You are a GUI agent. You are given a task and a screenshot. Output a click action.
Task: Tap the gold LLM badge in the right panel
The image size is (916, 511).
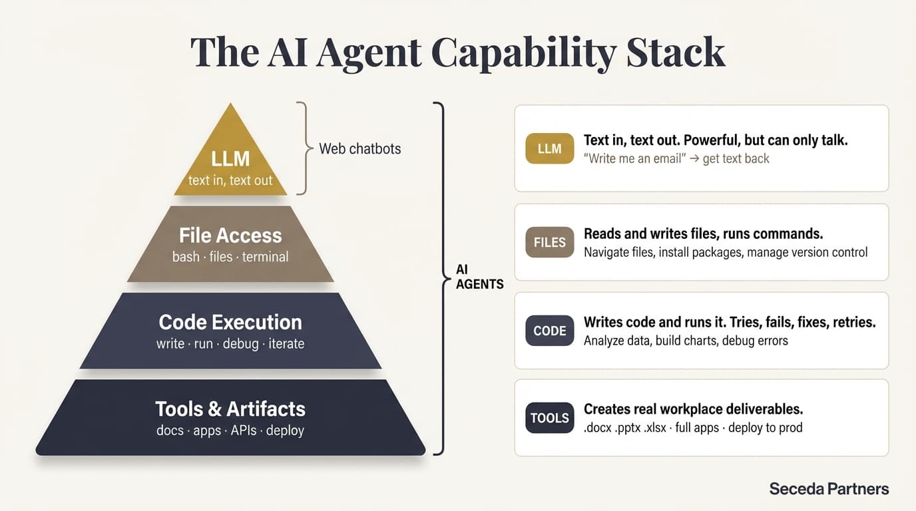click(x=549, y=148)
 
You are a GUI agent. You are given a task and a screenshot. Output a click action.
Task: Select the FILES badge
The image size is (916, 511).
click(x=549, y=242)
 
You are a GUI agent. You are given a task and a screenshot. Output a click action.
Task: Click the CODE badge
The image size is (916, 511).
click(x=549, y=331)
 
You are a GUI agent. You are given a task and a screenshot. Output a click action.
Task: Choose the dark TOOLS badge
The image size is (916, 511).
click(x=549, y=418)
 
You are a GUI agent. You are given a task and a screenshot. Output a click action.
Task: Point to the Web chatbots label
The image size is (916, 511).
click(x=359, y=148)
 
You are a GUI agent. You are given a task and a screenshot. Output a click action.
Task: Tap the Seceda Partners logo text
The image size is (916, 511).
click(x=829, y=488)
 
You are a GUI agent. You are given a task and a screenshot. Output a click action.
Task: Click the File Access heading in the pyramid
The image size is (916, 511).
click(x=230, y=235)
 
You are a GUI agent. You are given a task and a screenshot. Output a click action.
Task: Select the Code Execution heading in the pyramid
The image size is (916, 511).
click(x=230, y=322)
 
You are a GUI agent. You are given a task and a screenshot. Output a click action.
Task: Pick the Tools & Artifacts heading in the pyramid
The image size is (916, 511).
click(x=230, y=409)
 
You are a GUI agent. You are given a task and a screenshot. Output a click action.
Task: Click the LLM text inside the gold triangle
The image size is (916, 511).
click(x=230, y=158)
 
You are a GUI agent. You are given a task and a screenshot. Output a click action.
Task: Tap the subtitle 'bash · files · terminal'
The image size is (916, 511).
click(x=230, y=256)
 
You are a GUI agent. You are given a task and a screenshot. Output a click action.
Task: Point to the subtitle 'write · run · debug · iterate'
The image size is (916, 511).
click(x=230, y=343)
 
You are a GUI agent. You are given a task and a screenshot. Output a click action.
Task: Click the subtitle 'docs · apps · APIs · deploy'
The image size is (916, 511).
click(x=230, y=430)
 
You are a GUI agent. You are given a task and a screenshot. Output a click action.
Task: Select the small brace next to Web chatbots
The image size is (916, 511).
click(x=303, y=148)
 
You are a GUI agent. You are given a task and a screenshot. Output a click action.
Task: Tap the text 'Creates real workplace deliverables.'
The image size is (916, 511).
click(x=693, y=409)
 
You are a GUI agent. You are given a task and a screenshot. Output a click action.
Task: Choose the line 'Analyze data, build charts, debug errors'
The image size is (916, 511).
click(x=686, y=341)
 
